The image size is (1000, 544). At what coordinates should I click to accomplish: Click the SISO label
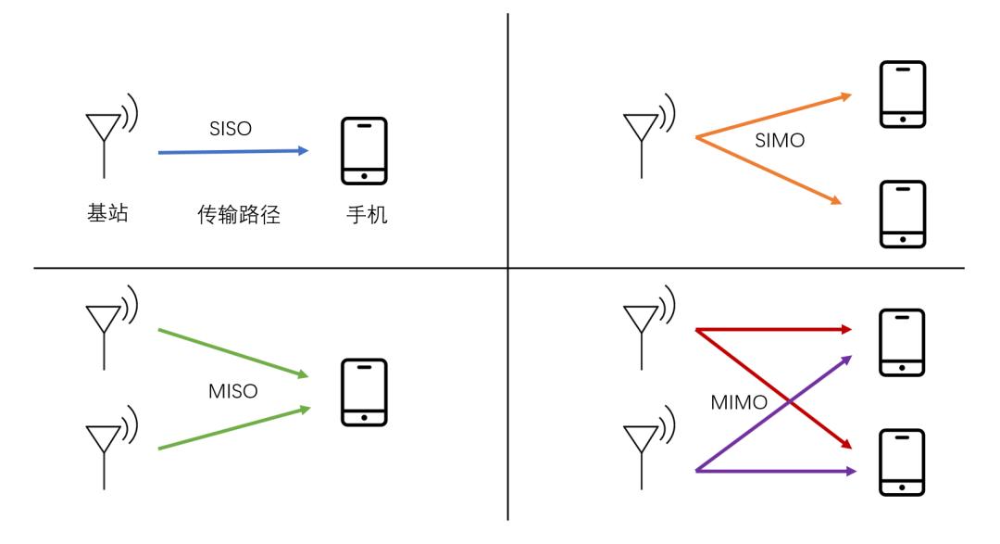click(231, 129)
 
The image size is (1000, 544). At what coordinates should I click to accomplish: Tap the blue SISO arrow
click(233, 152)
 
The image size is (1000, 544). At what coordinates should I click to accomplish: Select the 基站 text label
click(107, 212)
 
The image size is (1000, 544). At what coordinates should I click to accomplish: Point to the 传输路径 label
click(239, 214)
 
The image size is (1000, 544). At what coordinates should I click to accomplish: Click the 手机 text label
click(367, 214)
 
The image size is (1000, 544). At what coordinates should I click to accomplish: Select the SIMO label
click(780, 141)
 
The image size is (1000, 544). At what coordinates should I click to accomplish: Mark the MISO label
click(232, 391)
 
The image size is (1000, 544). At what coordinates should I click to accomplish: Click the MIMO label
click(739, 402)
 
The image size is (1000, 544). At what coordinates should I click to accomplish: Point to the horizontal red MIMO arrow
click(773, 330)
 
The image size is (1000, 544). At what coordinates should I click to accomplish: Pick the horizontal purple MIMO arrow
click(776, 471)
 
